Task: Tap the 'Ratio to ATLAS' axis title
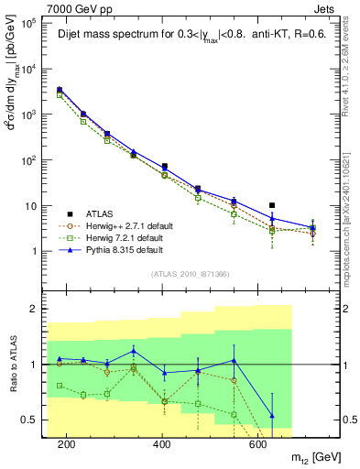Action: pos(11,365)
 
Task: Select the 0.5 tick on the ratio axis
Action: pos(27,420)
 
